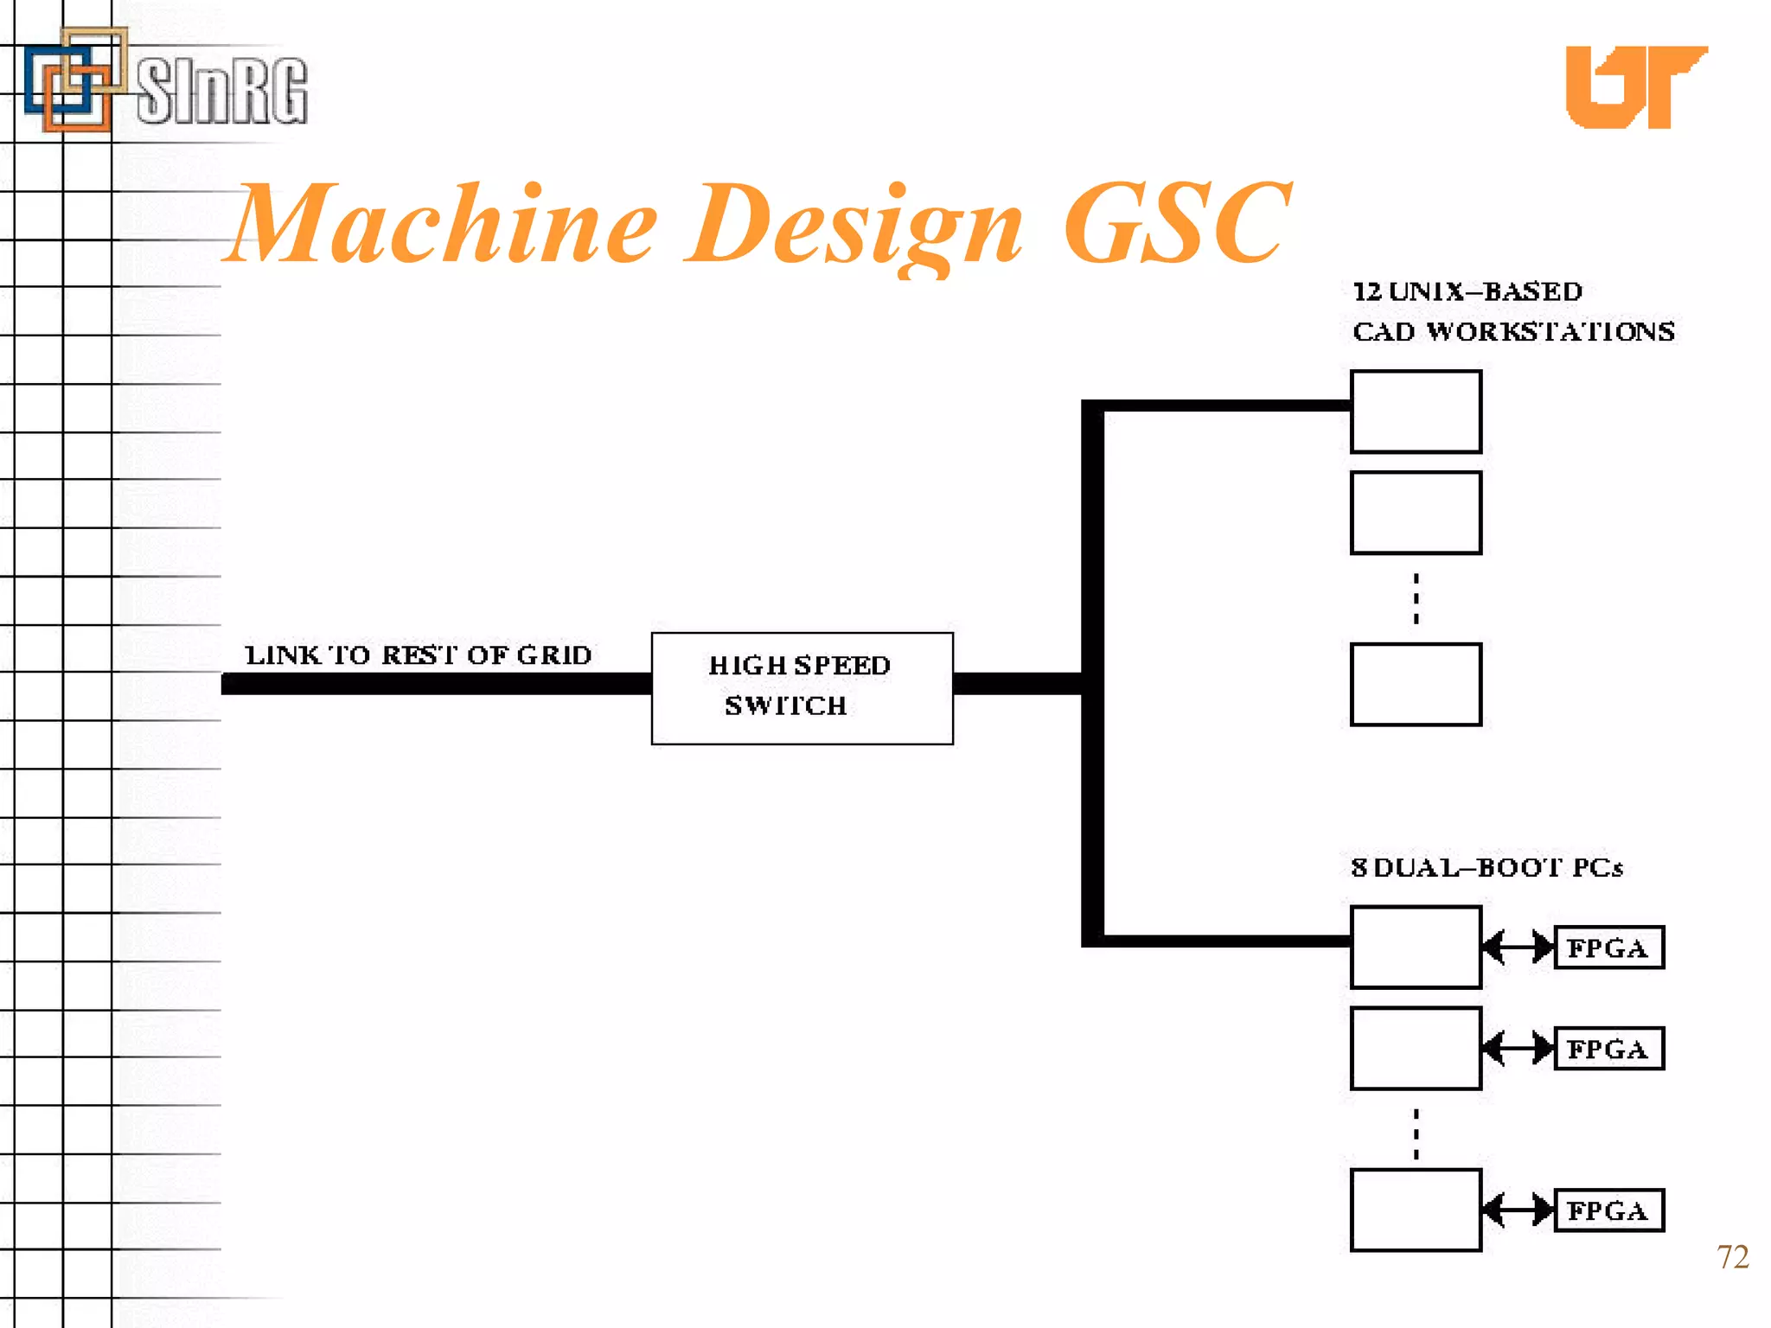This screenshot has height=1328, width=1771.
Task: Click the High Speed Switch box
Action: tap(802, 687)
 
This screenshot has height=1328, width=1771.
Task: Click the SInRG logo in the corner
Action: tap(164, 82)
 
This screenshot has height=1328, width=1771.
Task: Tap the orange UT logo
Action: tap(1634, 86)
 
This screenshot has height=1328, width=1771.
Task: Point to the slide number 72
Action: tap(1732, 1257)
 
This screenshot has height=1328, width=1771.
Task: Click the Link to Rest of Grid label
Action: tap(419, 655)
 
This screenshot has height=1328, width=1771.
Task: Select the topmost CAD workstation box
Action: tap(1416, 412)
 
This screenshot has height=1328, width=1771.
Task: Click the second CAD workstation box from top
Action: tap(1416, 513)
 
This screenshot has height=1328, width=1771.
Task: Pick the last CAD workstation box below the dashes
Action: tap(1416, 684)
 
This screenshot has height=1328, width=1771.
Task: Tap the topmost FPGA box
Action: tap(1608, 948)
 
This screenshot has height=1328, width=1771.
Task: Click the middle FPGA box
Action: tap(1608, 1049)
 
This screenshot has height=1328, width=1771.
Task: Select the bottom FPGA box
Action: tap(1608, 1210)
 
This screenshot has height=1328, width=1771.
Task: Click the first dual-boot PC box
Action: tap(1416, 948)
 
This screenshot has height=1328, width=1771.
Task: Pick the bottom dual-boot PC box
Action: tap(1416, 1210)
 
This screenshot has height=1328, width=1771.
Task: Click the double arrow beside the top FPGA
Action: tap(1518, 948)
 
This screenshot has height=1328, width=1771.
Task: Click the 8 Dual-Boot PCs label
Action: tap(1486, 867)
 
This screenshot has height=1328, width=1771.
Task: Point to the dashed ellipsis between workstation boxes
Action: tap(1416, 598)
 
